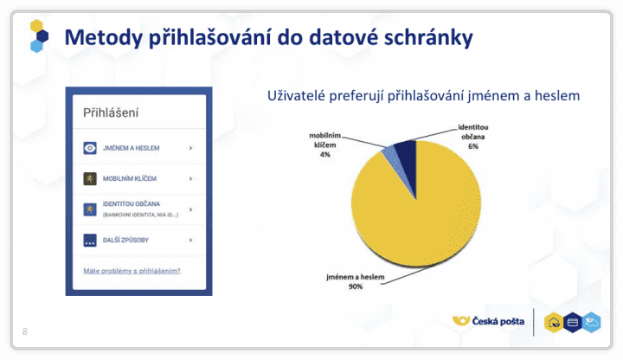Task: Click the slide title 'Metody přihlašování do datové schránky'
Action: coord(269,38)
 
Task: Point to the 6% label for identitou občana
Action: coord(473,148)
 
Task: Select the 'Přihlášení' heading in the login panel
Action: coord(111,112)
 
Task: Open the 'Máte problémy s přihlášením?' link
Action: coord(132,271)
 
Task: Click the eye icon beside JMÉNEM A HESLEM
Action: coord(89,148)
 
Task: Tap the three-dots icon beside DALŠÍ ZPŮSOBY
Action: coord(89,240)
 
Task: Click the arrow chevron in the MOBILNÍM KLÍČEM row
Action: coord(190,179)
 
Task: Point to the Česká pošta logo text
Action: coord(497,321)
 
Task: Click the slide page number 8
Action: coord(24,331)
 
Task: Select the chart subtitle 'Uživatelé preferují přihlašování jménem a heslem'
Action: coord(423,95)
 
